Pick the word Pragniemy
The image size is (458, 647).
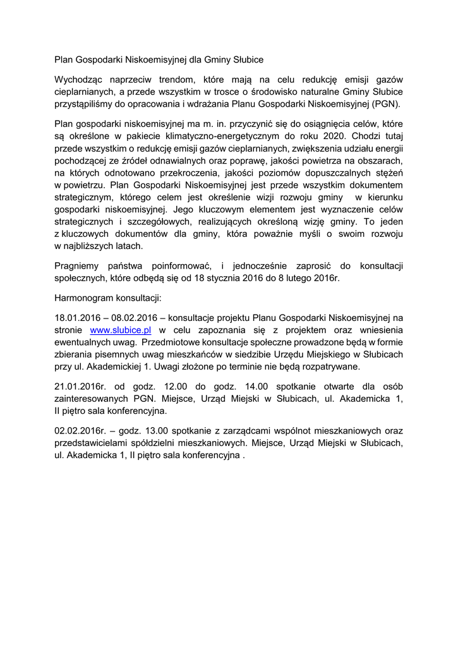[77, 265]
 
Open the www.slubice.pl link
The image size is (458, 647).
[120, 330]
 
